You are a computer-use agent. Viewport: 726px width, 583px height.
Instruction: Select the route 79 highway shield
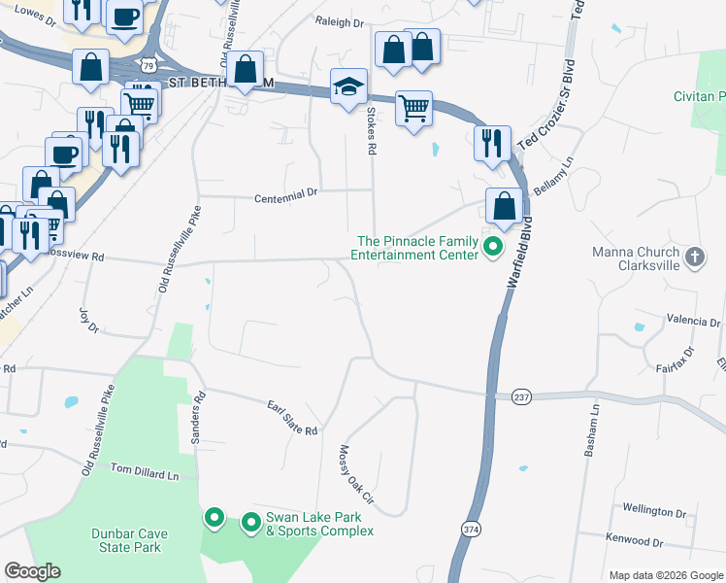146,64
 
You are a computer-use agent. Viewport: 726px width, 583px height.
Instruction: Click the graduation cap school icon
348,87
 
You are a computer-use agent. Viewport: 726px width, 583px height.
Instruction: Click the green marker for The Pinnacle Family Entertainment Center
492,247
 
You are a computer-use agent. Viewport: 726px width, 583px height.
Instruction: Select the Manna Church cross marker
694,257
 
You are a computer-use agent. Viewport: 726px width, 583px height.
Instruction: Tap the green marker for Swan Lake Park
250,523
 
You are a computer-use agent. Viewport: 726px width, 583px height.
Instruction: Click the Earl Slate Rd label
293,417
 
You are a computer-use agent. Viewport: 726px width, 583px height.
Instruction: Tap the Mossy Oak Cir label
355,479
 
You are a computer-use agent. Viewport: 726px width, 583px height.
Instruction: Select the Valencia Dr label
692,321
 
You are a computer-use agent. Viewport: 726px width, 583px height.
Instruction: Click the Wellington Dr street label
654,511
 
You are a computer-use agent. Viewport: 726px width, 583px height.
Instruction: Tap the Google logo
32,571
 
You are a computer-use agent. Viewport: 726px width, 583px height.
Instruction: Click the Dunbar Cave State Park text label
126,540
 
